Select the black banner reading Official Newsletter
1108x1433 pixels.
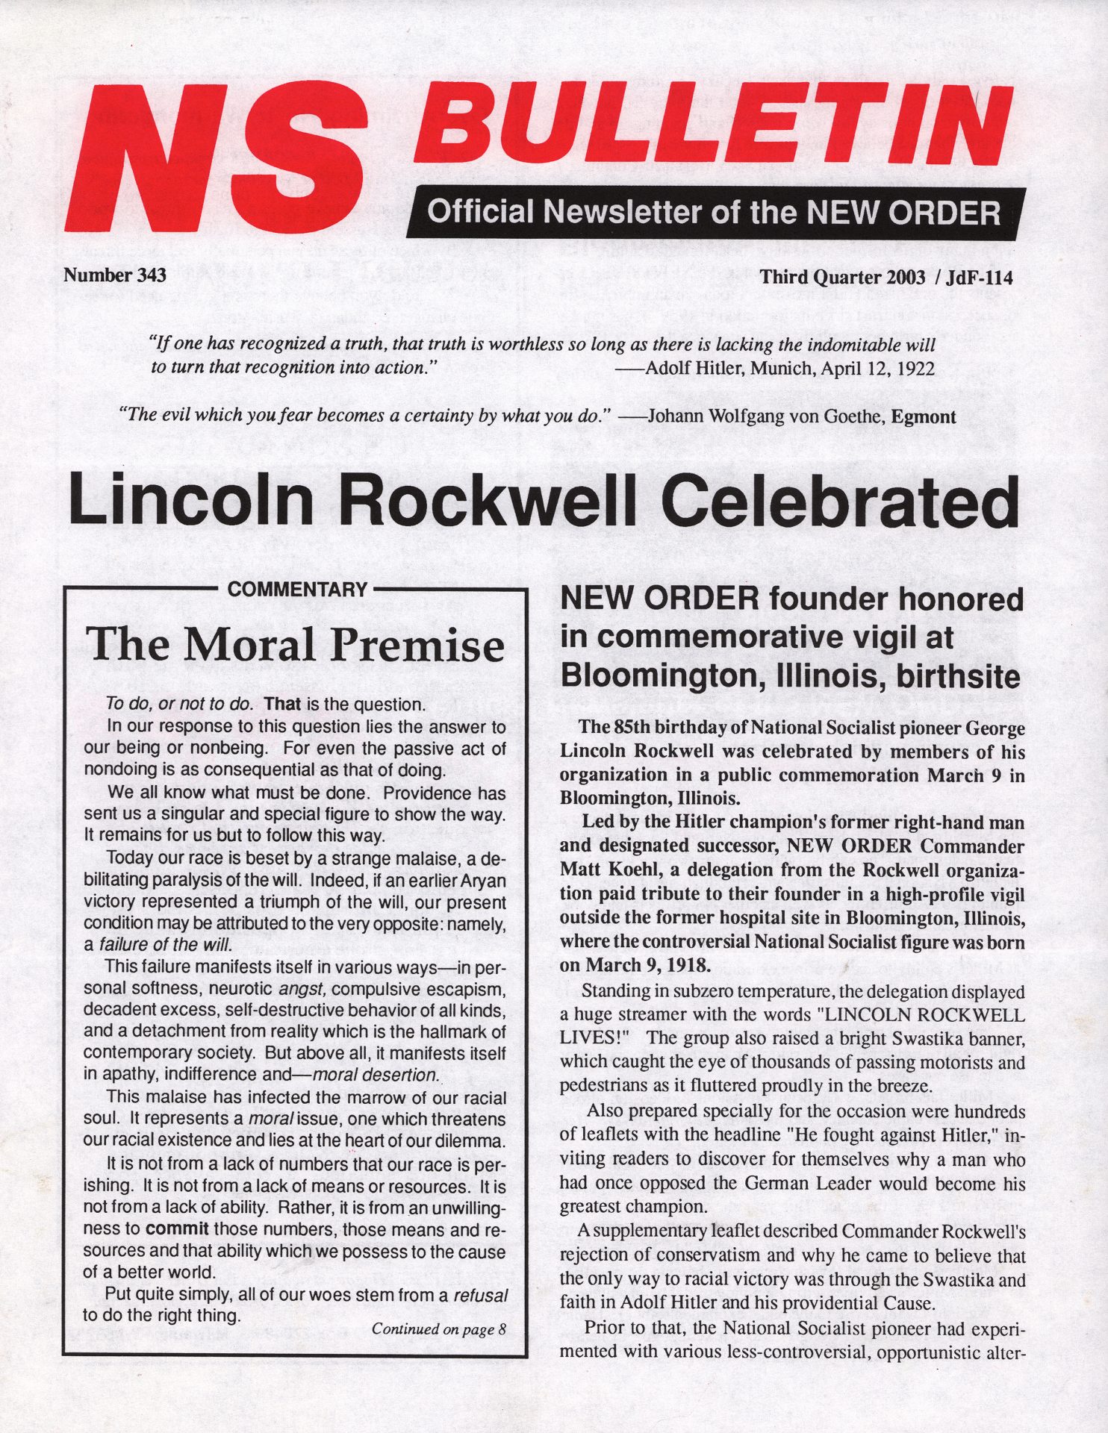coord(715,213)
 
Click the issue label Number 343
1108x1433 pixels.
coord(114,275)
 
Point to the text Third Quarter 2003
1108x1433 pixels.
coord(842,278)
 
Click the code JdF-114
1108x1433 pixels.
coord(979,278)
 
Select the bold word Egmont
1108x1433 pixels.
coord(924,416)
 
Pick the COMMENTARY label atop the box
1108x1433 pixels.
coord(297,590)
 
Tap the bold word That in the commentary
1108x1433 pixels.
coord(282,704)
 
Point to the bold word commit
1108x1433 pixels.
coord(177,1229)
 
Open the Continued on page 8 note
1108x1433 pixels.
coord(439,1329)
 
